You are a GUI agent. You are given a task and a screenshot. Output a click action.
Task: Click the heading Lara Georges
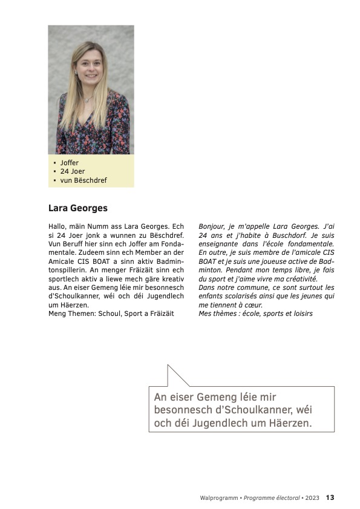tap(77, 208)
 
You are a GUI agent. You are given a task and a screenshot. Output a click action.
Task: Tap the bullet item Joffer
tap(69, 163)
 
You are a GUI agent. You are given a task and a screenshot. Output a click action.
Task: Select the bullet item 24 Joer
tap(72, 171)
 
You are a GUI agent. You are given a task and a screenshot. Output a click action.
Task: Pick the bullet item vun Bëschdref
tap(83, 180)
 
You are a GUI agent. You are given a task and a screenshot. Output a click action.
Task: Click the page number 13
tap(330, 498)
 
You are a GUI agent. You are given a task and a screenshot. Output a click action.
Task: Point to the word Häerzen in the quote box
tap(290, 423)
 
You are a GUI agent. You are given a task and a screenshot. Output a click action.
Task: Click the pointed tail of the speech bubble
tap(169, 366)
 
